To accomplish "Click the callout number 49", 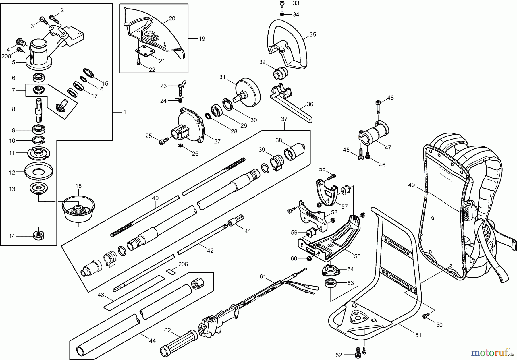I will point(411,185).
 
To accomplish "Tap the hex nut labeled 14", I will point(38,236).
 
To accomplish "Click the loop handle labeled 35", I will point(287,46).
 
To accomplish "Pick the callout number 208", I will point(6,56).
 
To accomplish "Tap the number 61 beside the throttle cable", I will point(263,277).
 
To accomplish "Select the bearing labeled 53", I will point(331,283).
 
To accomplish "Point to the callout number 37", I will point(284,119).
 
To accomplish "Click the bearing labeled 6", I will point(38,78).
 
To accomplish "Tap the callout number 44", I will point(152,341).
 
